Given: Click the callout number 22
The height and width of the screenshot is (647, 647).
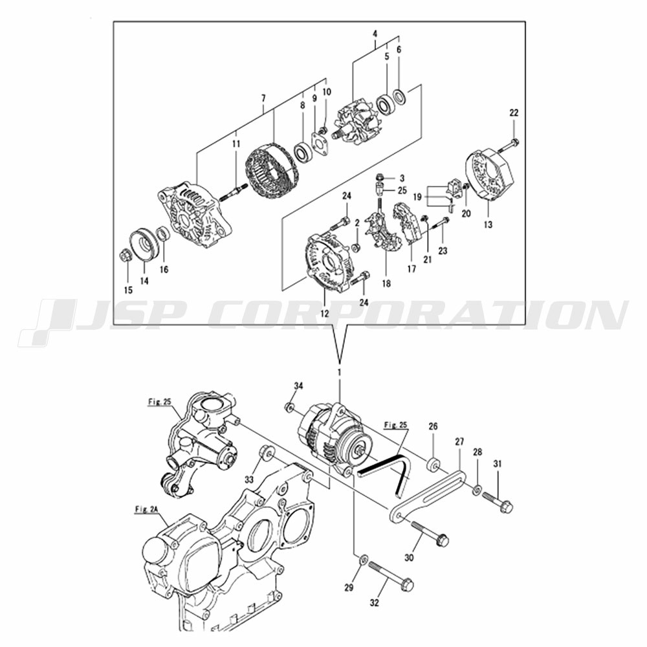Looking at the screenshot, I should pos(514,113).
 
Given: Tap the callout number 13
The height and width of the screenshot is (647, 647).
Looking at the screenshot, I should pos(487,225).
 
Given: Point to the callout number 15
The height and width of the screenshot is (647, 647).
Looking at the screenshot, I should pos(128,289).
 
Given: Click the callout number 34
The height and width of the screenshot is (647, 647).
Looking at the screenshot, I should pos(298,386).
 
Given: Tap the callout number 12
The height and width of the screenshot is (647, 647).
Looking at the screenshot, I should pos(323,314).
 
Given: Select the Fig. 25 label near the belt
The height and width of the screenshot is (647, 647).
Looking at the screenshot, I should pos(395,425).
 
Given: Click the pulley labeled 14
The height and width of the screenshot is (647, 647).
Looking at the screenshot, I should pos(144,244).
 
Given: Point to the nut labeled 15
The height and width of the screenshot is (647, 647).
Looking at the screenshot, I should pos(125,256).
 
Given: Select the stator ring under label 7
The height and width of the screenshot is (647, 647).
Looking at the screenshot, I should pos(271,165).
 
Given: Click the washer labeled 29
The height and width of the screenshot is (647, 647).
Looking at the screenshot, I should pos(363,559).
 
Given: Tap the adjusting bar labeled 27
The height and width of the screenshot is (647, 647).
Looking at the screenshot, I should pos(427,495).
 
